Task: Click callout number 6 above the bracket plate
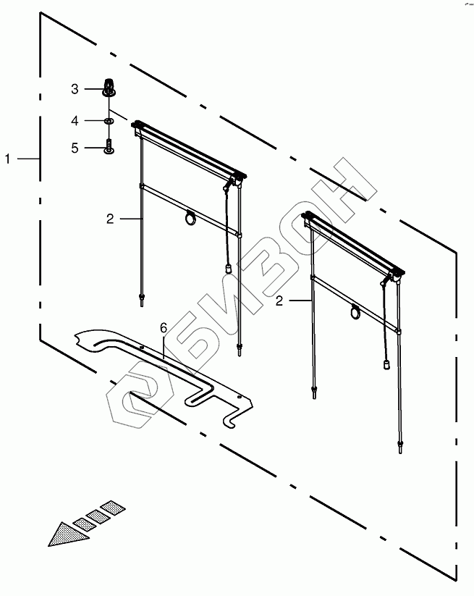(164, 328)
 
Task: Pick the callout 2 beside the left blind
(110, 218)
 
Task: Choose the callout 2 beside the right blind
(279, 301)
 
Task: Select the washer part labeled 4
(109, 120)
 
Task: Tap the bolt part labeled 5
(109, 147)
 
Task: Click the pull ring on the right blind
(356, 312)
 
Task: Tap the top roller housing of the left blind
(188, 150)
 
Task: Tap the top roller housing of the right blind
(352, 242)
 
